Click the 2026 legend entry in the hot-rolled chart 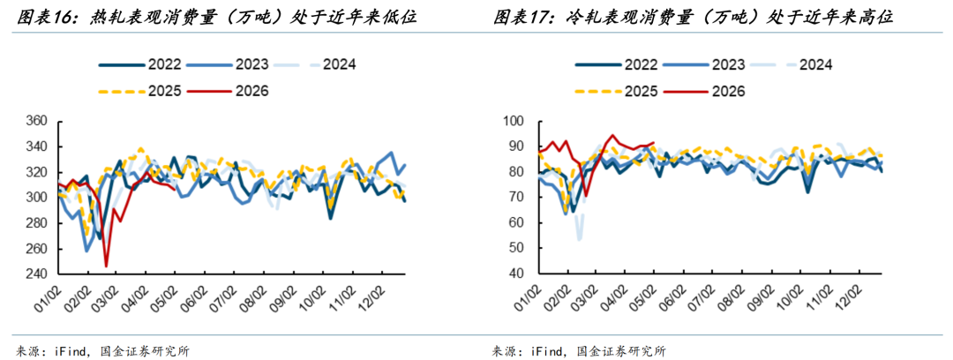(x=228, y=91)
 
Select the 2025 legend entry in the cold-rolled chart (x=616, y=91)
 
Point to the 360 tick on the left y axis (x=38, y=122)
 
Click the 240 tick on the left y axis (x=38, y=274)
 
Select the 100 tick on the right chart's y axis (x=514, y=122)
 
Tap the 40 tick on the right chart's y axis (x=517, y=274)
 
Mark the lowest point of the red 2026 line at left (x=107, y=266)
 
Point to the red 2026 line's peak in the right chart (x=612, y=135)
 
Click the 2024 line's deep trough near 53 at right (x=579, y=239)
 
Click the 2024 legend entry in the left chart (x=315, y=64)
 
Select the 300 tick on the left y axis (x=38, y=199)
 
